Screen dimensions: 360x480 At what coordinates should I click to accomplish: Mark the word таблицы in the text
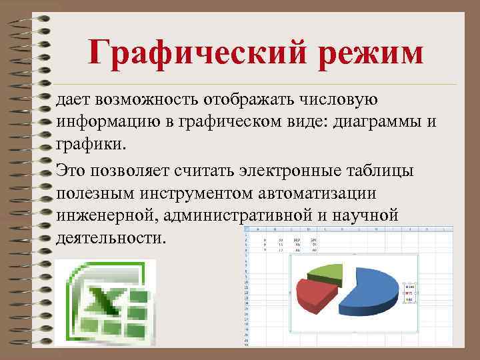[386, 171]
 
